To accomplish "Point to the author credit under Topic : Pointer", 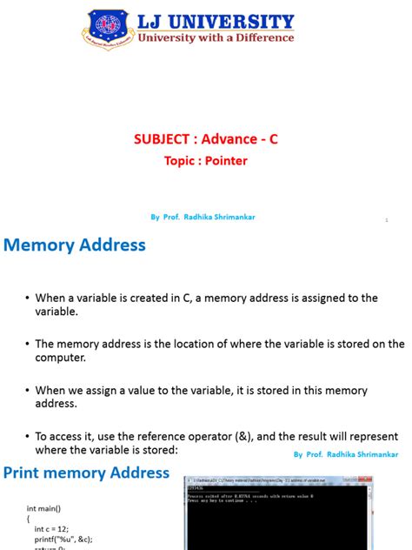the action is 203,218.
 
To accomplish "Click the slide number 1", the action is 386,220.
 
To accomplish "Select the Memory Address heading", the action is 75,245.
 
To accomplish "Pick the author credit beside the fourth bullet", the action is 345,454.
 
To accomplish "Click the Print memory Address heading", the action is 87,473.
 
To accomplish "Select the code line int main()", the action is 44,507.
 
